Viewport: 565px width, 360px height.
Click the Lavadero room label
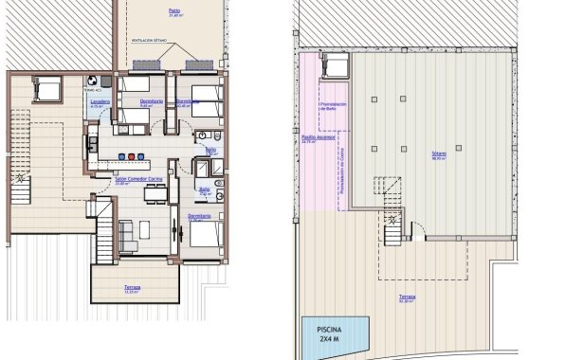(x=100, y=101)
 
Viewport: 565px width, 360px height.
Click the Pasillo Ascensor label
(x=315, y=138)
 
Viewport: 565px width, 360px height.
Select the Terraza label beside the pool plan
(x=406, y=297)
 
